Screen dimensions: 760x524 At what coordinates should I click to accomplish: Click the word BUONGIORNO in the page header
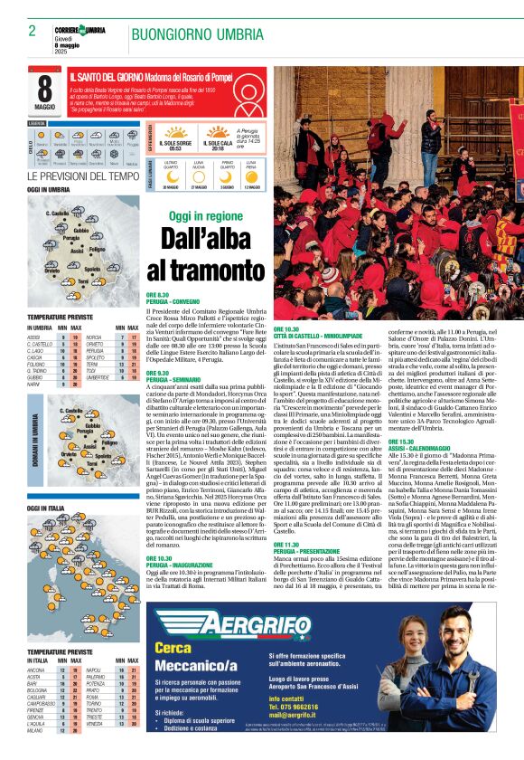click(x=166, y=33)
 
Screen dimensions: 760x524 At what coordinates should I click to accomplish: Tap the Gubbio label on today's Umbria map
click(x=80, y=231)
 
